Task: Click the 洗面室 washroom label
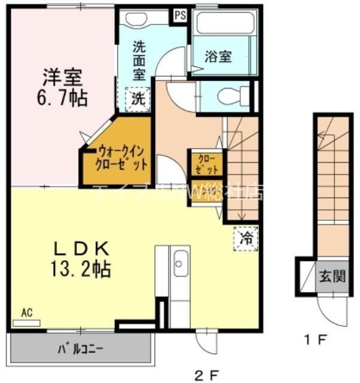click(138, 59)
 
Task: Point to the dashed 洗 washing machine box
click(138, 99)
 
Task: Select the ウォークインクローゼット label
click(121, 157)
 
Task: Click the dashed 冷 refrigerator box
click(246, 238)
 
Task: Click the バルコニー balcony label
click(81, 347)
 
